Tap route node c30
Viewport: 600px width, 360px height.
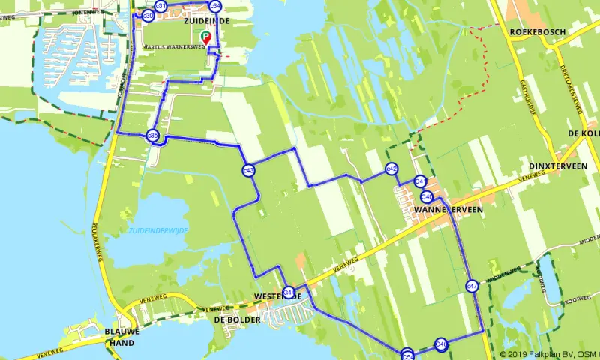click(148, 15)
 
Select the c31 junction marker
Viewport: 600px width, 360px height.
click(160, 6)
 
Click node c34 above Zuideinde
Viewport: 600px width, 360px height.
click(216, 6)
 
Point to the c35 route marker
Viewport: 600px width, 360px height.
click(153, 136)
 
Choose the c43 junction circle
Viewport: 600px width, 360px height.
click(248, 171)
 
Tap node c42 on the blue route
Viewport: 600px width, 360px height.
click(391, 169)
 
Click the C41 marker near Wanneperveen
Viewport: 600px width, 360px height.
click(420, 181)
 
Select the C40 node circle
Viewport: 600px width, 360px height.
click(426, 196)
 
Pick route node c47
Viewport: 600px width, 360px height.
click(472, 286)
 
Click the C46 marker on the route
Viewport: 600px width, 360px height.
click(441, 343)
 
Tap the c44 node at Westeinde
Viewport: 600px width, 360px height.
click(289, 292)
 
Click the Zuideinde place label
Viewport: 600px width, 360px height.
click(205, 21)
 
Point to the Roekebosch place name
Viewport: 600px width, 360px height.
click(535, 33)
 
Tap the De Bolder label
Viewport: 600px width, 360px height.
click(237, 319)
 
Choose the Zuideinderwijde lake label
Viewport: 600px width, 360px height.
click(158, 230)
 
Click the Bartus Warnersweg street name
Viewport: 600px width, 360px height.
click(174, 46)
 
